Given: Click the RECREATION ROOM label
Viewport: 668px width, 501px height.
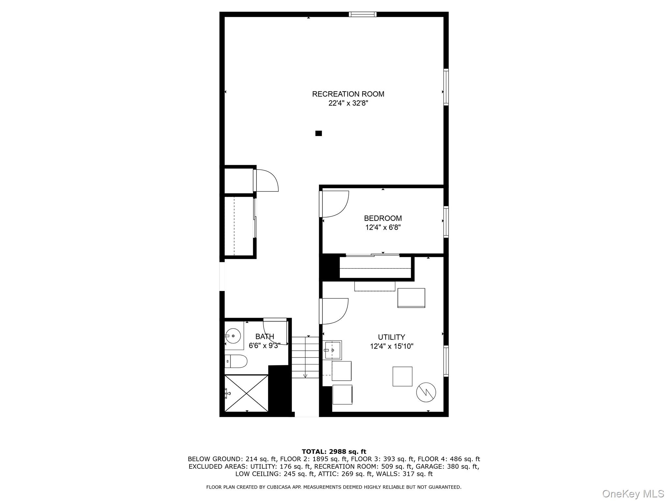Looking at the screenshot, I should tap(348, 94).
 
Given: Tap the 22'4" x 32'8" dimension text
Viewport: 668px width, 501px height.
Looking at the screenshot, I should tap(348, 103).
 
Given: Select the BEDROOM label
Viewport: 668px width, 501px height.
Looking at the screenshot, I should tap(383, 218).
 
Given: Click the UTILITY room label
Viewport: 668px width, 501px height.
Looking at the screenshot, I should tap(391, 337).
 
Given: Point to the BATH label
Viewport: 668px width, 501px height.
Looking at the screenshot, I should tap(265, 336).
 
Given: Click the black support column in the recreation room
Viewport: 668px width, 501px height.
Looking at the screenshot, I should tap(318, 133).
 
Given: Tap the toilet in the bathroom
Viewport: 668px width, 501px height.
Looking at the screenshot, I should tap(236, 361).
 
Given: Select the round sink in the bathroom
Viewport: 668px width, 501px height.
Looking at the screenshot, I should tap(233, 336).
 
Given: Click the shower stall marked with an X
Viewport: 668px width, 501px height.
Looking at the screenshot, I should tap(246, 393).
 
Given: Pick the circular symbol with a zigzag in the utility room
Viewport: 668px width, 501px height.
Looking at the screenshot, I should tap(426, 392).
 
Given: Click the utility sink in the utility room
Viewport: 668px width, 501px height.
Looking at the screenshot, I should tap(333, 350).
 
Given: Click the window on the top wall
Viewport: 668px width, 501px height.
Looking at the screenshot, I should tap(362, 14).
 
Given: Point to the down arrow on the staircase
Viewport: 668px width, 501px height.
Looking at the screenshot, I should tap(305, 375).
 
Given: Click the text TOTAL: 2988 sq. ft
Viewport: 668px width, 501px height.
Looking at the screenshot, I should tap(334, 452).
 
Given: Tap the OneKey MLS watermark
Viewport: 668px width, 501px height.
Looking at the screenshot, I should tap(633, 494).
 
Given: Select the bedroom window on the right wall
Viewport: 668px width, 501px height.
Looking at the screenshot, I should tap(446, 221).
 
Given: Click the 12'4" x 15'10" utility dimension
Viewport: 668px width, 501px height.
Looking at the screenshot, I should tap(391, 346).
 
